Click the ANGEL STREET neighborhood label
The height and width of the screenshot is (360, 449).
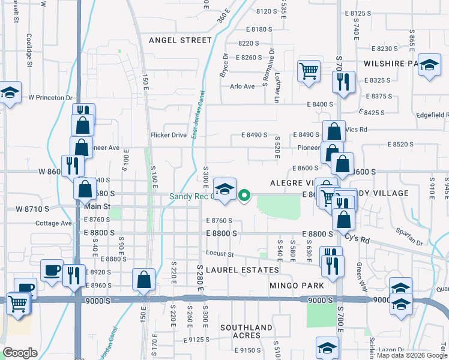point(180,40)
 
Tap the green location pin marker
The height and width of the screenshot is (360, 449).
point(244,195)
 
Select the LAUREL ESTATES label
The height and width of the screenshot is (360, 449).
point(234,270)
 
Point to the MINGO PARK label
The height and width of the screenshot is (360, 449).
point(297,286)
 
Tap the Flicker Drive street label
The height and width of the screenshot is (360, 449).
point(169,135)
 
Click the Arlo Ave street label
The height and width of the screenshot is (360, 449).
point(243,86)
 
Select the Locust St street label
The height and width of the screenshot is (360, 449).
point(218,254)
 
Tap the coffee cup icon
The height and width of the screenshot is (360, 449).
point(52,269)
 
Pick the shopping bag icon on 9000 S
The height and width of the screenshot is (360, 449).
point(143,279)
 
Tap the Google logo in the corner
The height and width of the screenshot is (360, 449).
point(20,353)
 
